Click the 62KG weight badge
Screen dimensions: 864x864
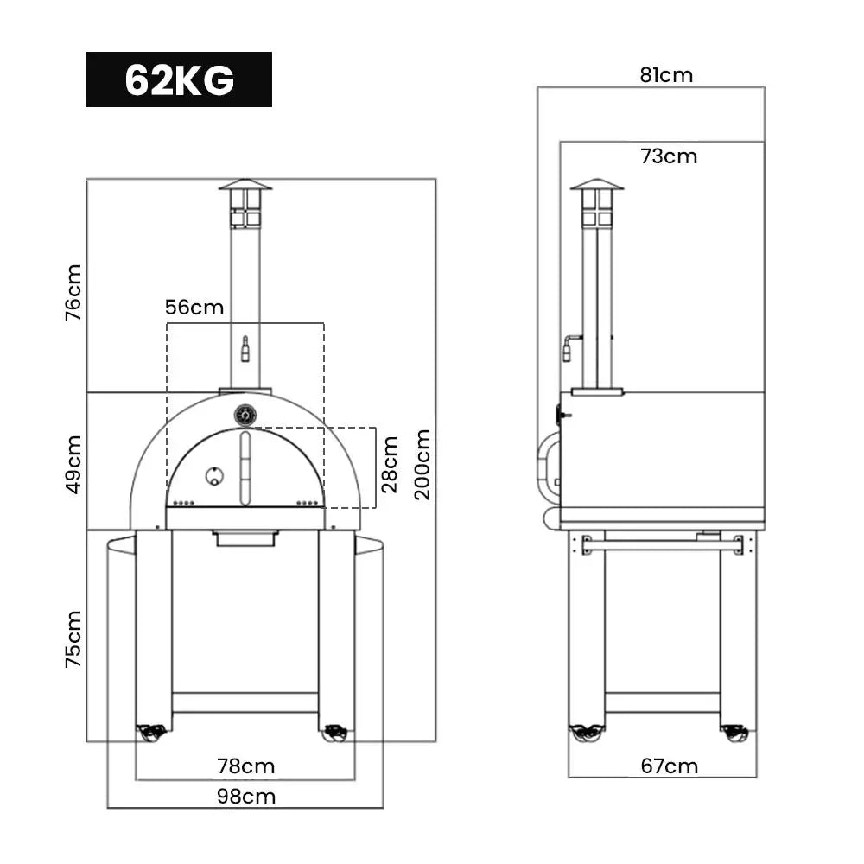click(179, 79)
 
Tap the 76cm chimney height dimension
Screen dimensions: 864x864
click(73, 292)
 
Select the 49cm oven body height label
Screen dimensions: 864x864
click(73, 464)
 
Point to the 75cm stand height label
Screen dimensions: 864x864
click(73, 638)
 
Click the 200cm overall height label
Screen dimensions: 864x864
click(422, 465)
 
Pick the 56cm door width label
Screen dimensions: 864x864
click(194, 308)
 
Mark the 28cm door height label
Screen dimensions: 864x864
click(390, 465)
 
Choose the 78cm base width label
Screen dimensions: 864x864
click(246, 766)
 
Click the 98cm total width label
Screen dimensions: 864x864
click(246, 796)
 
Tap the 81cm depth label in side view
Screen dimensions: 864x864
click(666, 75)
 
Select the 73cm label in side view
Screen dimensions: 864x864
click(669, 156)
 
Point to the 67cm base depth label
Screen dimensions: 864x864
click(670, 766)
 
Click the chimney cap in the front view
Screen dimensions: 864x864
click(245, 184)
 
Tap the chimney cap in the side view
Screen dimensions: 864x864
click(596, 184)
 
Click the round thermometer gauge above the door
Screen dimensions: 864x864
click(245, 416)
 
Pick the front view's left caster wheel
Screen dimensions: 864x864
click(151, 734)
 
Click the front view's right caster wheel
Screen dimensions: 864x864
click(335, 734)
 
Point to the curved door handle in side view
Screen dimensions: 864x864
click(546, 467)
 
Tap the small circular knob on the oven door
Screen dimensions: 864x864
click(213, 475)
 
